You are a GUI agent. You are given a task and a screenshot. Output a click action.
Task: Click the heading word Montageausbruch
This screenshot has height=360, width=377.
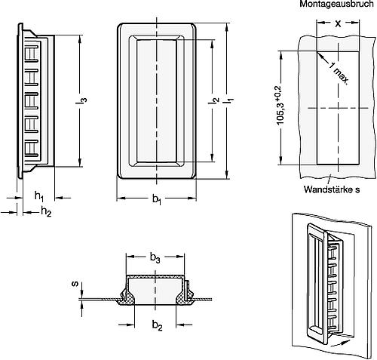click(333, 5)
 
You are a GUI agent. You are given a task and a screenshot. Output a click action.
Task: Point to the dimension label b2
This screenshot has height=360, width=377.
click(156, 325)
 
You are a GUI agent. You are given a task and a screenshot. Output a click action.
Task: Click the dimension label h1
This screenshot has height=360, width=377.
click(37, 196)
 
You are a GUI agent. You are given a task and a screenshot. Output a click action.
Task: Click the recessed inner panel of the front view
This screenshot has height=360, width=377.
click(157, 99)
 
